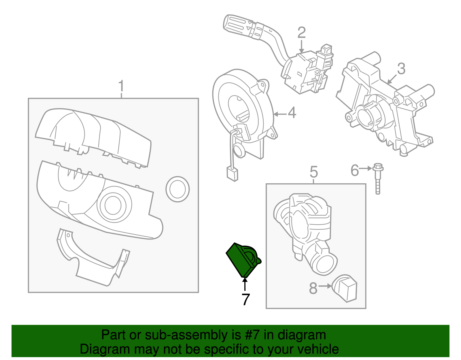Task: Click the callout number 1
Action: tap(121, 86)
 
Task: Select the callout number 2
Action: tap(301, 33)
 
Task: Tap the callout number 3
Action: tap(401, 69)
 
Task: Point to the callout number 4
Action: tap(292, 113)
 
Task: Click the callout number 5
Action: tap(314, 172)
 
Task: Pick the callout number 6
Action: tap(355, 170)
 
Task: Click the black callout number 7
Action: tap(245, 300)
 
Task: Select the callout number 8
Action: tap(313, 288)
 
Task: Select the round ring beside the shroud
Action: tap(177, 189)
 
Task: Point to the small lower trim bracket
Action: tap(92, 259)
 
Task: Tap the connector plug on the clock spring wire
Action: tap(232, 174)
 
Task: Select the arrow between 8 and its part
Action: tap(325, 286)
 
